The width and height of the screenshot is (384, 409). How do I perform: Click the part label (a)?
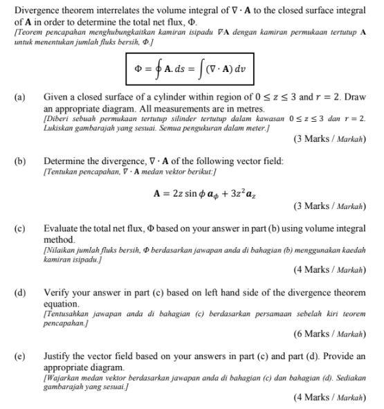20,98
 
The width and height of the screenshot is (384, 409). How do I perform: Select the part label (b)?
20,161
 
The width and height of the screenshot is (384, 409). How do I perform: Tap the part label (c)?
20,228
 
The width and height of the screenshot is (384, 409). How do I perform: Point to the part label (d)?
20,293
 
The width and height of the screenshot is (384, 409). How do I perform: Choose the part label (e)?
20,356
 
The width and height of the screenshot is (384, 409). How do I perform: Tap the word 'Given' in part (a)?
56,98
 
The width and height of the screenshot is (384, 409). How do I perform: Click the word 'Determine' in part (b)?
66,161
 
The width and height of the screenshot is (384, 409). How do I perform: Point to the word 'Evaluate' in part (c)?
62,228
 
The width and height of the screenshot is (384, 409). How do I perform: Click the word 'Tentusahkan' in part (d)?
68,313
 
